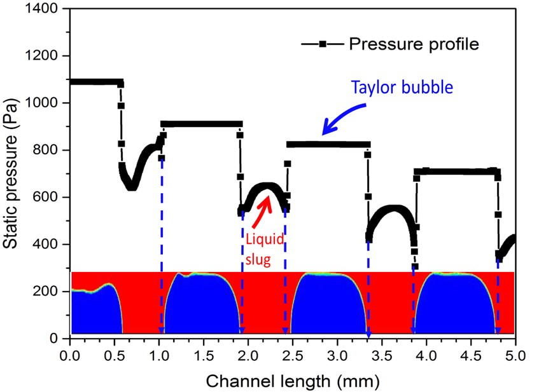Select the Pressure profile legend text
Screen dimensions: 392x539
tap(413, 44)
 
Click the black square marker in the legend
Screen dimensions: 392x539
tap(323, 44)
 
